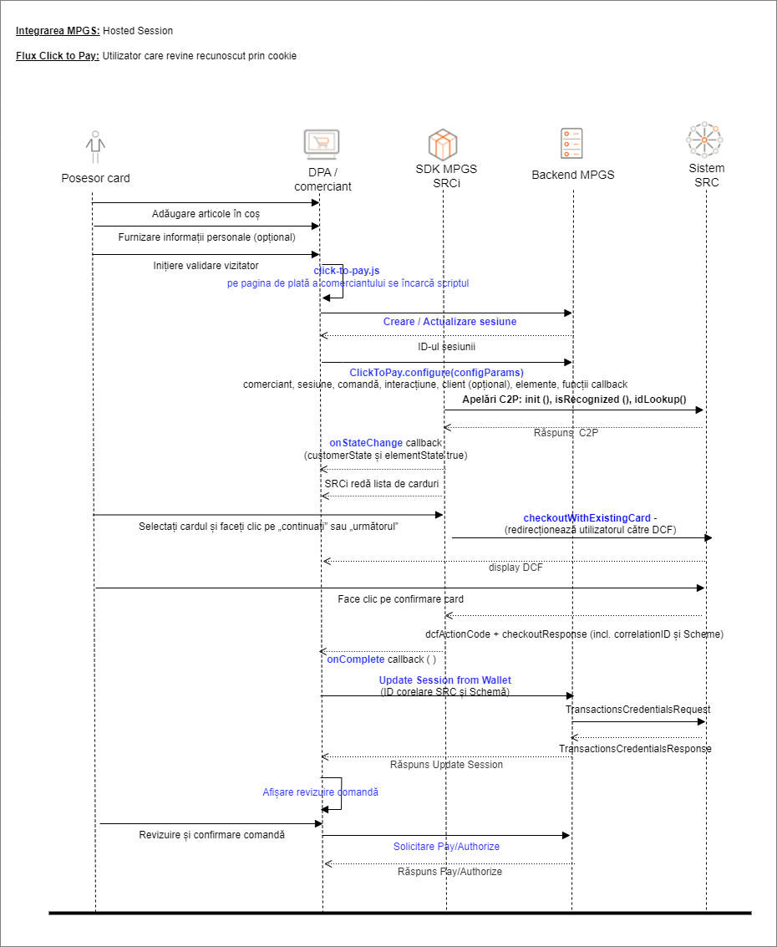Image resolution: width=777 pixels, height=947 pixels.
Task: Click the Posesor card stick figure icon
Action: point(96,147)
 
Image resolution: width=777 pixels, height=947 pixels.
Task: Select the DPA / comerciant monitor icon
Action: point(321,145)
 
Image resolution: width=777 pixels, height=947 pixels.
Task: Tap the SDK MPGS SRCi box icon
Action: point(444,144)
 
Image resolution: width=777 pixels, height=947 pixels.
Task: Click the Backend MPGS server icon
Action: point(571,145)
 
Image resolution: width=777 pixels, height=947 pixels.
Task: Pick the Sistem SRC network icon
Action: point(704,140)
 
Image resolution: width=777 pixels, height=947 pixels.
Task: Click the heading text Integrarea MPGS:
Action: point(58,31)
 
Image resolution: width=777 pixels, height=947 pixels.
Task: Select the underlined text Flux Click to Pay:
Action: point(58,56)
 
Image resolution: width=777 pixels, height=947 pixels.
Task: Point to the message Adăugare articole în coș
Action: point(206,214)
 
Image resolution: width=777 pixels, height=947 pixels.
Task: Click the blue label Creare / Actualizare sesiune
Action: point(449,322)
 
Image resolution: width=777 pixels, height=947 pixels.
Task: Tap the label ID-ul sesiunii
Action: point(449,347)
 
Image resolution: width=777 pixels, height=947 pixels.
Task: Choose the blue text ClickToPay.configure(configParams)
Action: point(436,372)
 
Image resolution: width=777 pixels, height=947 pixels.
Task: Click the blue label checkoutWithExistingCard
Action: point(587,518)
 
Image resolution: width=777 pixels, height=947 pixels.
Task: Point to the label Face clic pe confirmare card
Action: point(400,599)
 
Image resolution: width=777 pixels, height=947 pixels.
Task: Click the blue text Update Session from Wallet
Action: point(445,680)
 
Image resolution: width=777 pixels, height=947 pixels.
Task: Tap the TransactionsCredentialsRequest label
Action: point(637,710)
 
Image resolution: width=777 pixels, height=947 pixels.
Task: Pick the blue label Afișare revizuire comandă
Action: point(320,792)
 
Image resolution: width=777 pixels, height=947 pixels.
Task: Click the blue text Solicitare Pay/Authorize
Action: point(446,847)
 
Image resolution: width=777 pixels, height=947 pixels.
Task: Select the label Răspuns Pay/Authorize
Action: point(449,872)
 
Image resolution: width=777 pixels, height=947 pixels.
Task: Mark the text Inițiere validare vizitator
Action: point(206,265)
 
